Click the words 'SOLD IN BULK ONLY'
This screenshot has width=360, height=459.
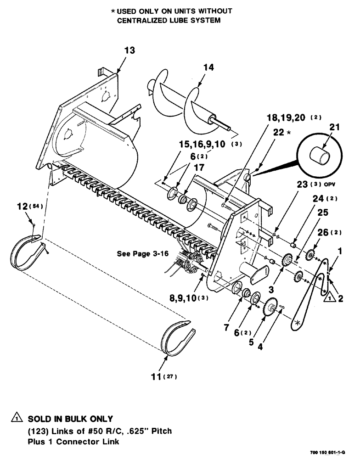(70, 420)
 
